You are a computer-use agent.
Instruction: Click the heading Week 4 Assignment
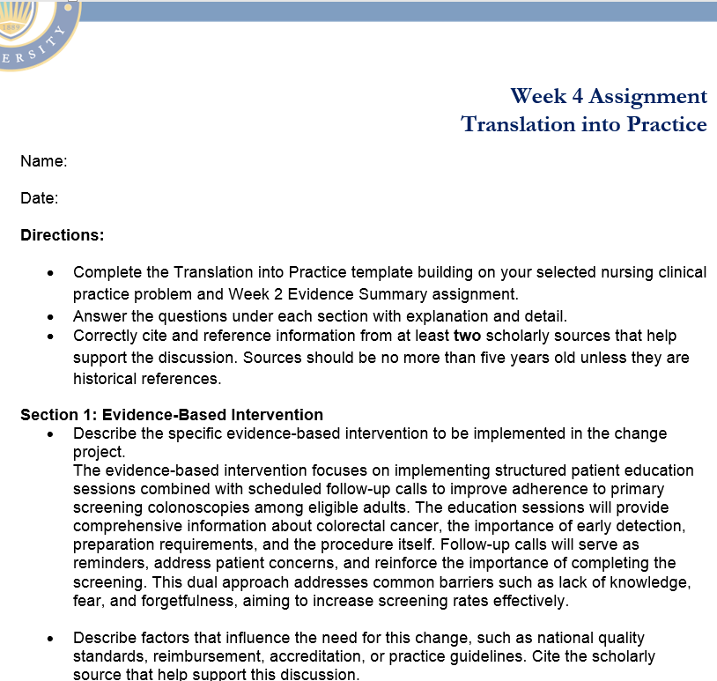point(608,96)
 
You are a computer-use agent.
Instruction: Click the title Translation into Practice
point(584,124)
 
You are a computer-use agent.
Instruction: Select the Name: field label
point(44,161)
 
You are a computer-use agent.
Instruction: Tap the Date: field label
point(40,198)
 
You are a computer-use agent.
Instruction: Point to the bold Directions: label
point(63,235)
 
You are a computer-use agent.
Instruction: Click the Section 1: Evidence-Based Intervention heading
point(172,415)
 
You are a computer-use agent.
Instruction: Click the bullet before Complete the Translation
point(54,273)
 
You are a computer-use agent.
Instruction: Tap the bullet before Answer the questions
point(54,315)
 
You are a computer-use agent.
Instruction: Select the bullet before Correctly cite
point(54,337)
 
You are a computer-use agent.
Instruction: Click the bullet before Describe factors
point(54,638)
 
